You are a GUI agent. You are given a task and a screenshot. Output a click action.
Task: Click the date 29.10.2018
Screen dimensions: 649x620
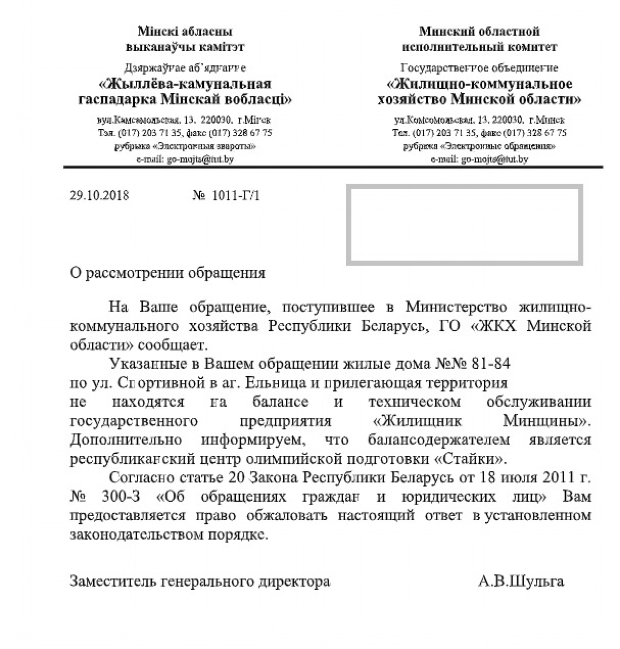tap(99, 196)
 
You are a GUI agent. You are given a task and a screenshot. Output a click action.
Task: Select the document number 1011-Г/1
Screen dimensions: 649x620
tap(236, 196)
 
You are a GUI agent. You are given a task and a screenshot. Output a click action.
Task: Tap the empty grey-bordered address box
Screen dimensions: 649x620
tap(464, 225)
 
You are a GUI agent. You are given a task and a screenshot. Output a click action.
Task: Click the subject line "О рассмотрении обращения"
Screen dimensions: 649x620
tap(168, 273)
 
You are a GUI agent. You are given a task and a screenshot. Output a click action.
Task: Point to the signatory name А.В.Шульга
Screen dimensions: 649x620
tap(521, 581)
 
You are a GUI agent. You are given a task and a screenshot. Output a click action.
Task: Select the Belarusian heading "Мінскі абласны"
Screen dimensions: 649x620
tap(185, 31)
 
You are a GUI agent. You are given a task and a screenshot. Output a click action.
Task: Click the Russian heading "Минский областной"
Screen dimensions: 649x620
tap(479, 31)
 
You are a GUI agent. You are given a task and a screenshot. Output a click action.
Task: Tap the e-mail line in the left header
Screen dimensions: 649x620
tap(185, 159)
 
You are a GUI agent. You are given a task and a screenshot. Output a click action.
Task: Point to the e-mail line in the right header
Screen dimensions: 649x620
tap(479, 159)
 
